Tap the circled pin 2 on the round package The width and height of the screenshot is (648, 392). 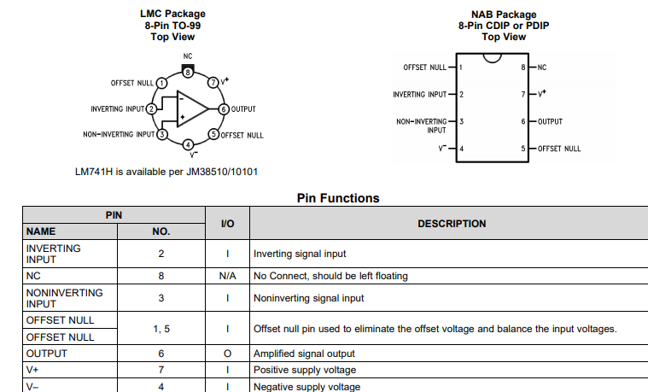[x=151, y=108]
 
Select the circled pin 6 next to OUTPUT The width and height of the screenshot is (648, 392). [x=223, y=108]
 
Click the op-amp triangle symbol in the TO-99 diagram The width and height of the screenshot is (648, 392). [x=192, y=108]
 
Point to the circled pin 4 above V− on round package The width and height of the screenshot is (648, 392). [x=189, y=144]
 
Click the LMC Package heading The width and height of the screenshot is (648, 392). [x=172, y=15]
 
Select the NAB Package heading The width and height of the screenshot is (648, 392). [x=504, y=15]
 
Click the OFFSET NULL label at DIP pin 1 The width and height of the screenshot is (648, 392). [x=424, y=67]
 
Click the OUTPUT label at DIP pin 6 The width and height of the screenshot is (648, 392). [x=550, y=121]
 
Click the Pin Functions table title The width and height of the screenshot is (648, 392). [x=338, y=198]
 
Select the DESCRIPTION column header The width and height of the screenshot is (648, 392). [x=452, y=224]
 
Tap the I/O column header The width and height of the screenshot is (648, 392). [x=228, y=224]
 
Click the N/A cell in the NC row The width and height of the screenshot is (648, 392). [x=228, y=276]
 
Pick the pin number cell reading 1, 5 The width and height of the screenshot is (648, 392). [x=161, y=329]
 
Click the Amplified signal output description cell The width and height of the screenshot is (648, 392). [x=304, y=354]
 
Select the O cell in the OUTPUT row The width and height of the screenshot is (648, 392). [x=228, y=354]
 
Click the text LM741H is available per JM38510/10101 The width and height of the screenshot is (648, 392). [x=166, y=172]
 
